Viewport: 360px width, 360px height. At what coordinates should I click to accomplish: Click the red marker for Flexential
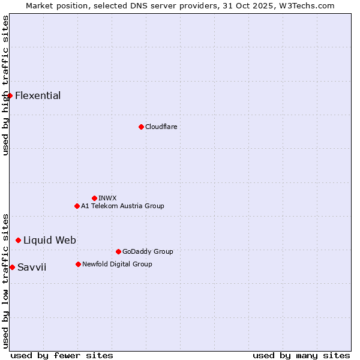click(x=10, y=96)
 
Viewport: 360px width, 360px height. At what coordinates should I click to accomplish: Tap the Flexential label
click(x=38, y=96)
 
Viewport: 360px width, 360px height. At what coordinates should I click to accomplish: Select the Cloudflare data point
click(x=141, y=127)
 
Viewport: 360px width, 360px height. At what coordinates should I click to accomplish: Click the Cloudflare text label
click(x=161, y=127)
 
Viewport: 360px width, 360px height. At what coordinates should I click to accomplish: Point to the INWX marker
click(x=94, y=198)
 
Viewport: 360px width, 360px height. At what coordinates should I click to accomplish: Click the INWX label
click(x=107, y=198)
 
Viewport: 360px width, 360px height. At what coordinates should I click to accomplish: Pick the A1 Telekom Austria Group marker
click(x=77, y=206)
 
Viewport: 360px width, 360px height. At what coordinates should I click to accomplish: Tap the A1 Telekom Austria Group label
click(x=122, y=206)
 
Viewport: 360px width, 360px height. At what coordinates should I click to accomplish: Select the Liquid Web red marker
click(x=18, y=240)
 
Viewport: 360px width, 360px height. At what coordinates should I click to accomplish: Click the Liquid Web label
click(x=50, y=240)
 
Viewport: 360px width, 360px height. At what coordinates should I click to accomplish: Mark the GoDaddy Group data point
click(x=118, y=251)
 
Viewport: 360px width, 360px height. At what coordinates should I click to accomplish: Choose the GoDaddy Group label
click(x=148, y=251)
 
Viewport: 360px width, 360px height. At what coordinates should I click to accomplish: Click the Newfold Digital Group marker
click(x=78, y=264)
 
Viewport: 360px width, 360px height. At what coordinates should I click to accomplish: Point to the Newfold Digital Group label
click(x=117, y=264)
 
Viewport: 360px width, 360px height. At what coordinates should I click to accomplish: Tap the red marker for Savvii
click(x=12, y=267)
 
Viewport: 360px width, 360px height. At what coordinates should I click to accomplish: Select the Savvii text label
click(x=32, y=267)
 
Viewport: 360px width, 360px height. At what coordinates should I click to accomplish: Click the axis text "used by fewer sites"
click(x=62, y=355)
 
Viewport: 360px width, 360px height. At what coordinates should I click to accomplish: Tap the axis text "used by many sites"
click(x=301, y=355)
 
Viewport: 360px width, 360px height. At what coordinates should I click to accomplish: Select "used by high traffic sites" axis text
click(x=5, y=85)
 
